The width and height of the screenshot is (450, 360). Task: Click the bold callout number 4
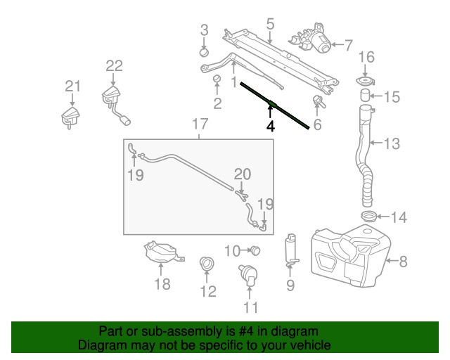pos(270,127)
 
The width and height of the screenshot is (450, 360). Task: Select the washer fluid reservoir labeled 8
pos(352,257)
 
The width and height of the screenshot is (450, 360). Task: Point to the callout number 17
pos(200,125)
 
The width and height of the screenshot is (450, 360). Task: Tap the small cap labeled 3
pos(204,51)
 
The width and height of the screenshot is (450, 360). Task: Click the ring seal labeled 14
pos(368,217)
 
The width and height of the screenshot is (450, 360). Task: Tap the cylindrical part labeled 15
pos(366,95)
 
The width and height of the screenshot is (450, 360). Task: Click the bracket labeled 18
pos(161,253)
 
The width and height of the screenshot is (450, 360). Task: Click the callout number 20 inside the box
pos(242,174)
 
